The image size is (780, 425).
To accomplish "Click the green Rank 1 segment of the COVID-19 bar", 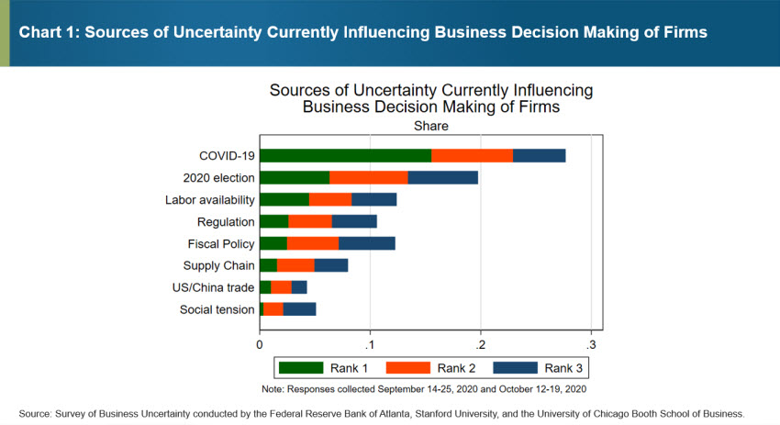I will (x=345, y=155).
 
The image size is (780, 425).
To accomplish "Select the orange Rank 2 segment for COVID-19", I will (x=472, y=155).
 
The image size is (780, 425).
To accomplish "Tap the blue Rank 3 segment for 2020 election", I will (x=442, y=177).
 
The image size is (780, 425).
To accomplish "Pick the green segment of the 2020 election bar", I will (x=295, y=177).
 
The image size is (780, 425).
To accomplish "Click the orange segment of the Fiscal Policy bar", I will (x=313, y=243).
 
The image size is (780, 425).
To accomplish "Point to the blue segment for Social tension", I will (x=300, y=309).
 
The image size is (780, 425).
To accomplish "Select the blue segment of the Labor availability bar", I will (x=374, y=199).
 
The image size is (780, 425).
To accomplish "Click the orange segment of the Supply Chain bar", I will (x=295, y=265).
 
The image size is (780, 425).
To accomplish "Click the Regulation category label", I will (x=226, y=221).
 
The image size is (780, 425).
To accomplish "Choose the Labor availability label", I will (x=209, y=199).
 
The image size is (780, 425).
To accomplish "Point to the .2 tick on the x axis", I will (x=480, y=343).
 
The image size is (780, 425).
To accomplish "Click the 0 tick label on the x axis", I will (x=260, y=343).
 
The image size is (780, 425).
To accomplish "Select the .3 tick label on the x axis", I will (x=591, y=343).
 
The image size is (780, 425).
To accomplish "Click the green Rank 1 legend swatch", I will (x=301, y=368).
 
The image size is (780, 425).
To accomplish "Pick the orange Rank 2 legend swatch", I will (x=408, y=368).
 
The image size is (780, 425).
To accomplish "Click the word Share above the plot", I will (x=431, y=126).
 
